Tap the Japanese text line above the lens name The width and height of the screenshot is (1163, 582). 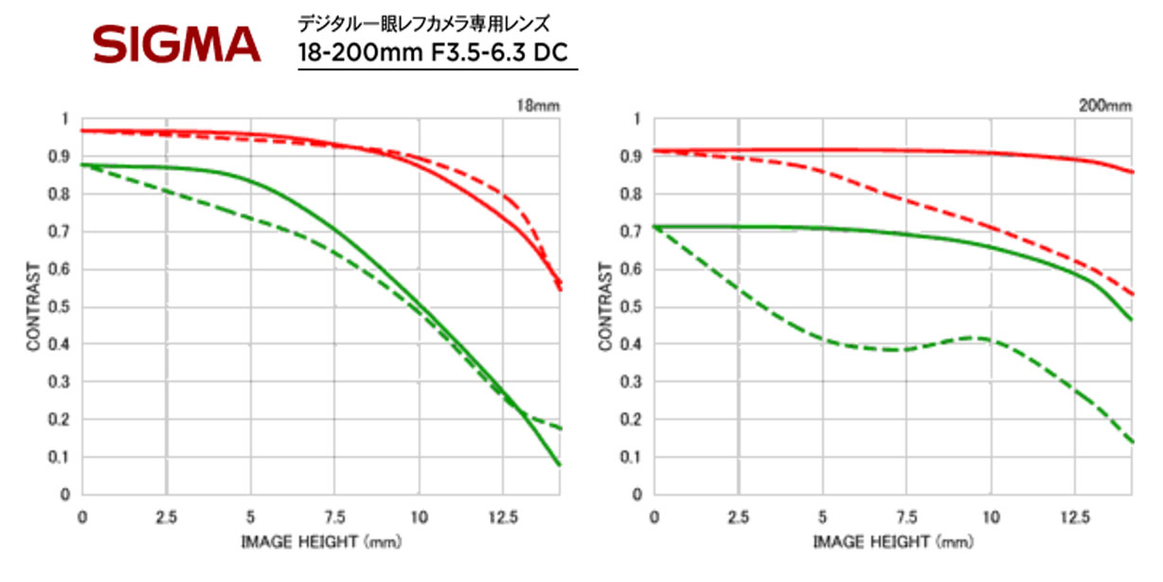(423, 21)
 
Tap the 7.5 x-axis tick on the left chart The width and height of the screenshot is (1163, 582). (335, 517)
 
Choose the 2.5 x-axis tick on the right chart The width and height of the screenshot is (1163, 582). (739, 517)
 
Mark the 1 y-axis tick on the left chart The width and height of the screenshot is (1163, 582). (65, 119)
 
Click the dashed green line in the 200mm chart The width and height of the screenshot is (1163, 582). (852, 344)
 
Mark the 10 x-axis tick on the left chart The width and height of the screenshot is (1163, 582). (419, 517)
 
